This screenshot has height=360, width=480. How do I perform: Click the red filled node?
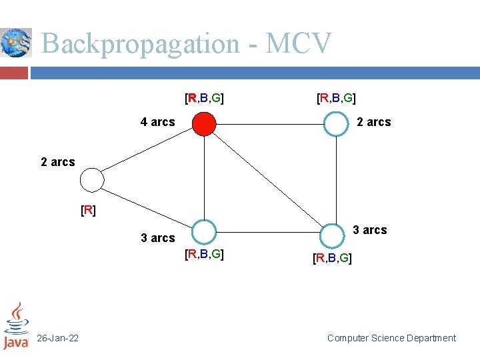tap(204, 123)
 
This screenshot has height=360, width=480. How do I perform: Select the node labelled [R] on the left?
tap(92, 179)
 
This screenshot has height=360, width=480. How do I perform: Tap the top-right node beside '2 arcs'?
tap(336, 123)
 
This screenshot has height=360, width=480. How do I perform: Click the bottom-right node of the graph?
tap(331, 235)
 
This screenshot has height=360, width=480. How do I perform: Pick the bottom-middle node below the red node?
tap(205, 232)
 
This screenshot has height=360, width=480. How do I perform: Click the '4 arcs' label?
tap(157, 122)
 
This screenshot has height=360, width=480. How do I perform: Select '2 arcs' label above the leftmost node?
tap(58, 162)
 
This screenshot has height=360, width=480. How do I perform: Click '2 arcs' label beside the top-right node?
tap(374, 122)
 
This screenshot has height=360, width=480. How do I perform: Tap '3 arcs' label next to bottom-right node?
tap(369, 230)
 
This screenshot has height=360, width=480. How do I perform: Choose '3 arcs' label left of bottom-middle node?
tap(158, 238)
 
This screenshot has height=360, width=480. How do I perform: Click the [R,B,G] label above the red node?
tap(204, 99)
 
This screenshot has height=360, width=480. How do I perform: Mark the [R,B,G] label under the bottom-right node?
tap(333, 258)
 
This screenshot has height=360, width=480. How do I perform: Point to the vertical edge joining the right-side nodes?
tap(336, 179)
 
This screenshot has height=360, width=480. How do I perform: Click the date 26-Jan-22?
tap(58, 339)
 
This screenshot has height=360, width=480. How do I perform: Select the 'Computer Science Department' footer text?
tap(391, 338)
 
